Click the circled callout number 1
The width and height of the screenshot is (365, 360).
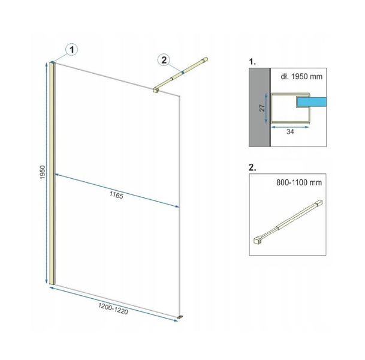click(72, 49)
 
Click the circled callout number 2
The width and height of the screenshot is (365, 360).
click(164, 60)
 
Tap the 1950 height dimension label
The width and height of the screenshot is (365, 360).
click(43, 172)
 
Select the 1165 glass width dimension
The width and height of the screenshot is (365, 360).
click(116, 195)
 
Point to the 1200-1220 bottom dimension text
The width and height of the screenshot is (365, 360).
click(113, 309)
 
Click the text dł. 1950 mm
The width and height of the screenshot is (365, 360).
click(301, 76)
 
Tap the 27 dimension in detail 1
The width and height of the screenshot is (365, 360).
click(262, 108)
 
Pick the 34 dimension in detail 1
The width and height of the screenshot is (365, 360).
click(290, 131)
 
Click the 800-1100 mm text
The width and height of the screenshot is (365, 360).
click(299, 182)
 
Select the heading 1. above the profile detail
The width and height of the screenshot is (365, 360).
click(252, 62)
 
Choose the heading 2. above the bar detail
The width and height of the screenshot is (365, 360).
click(252, 167)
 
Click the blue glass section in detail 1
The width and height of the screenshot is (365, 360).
click(312, 102)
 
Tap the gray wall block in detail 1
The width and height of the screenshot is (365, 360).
click(260, 107)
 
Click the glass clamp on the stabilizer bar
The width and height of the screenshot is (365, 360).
click(155, 90)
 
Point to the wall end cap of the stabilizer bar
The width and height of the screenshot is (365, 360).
click(206, 59)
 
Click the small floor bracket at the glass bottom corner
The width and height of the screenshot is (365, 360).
click(180, 317)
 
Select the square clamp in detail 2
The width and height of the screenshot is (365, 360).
click(257, 240)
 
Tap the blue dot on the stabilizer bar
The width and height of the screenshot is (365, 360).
click(183, 73)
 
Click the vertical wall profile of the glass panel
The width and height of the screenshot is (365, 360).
click(52, 173)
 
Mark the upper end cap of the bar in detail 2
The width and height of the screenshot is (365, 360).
click(319, 202)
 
